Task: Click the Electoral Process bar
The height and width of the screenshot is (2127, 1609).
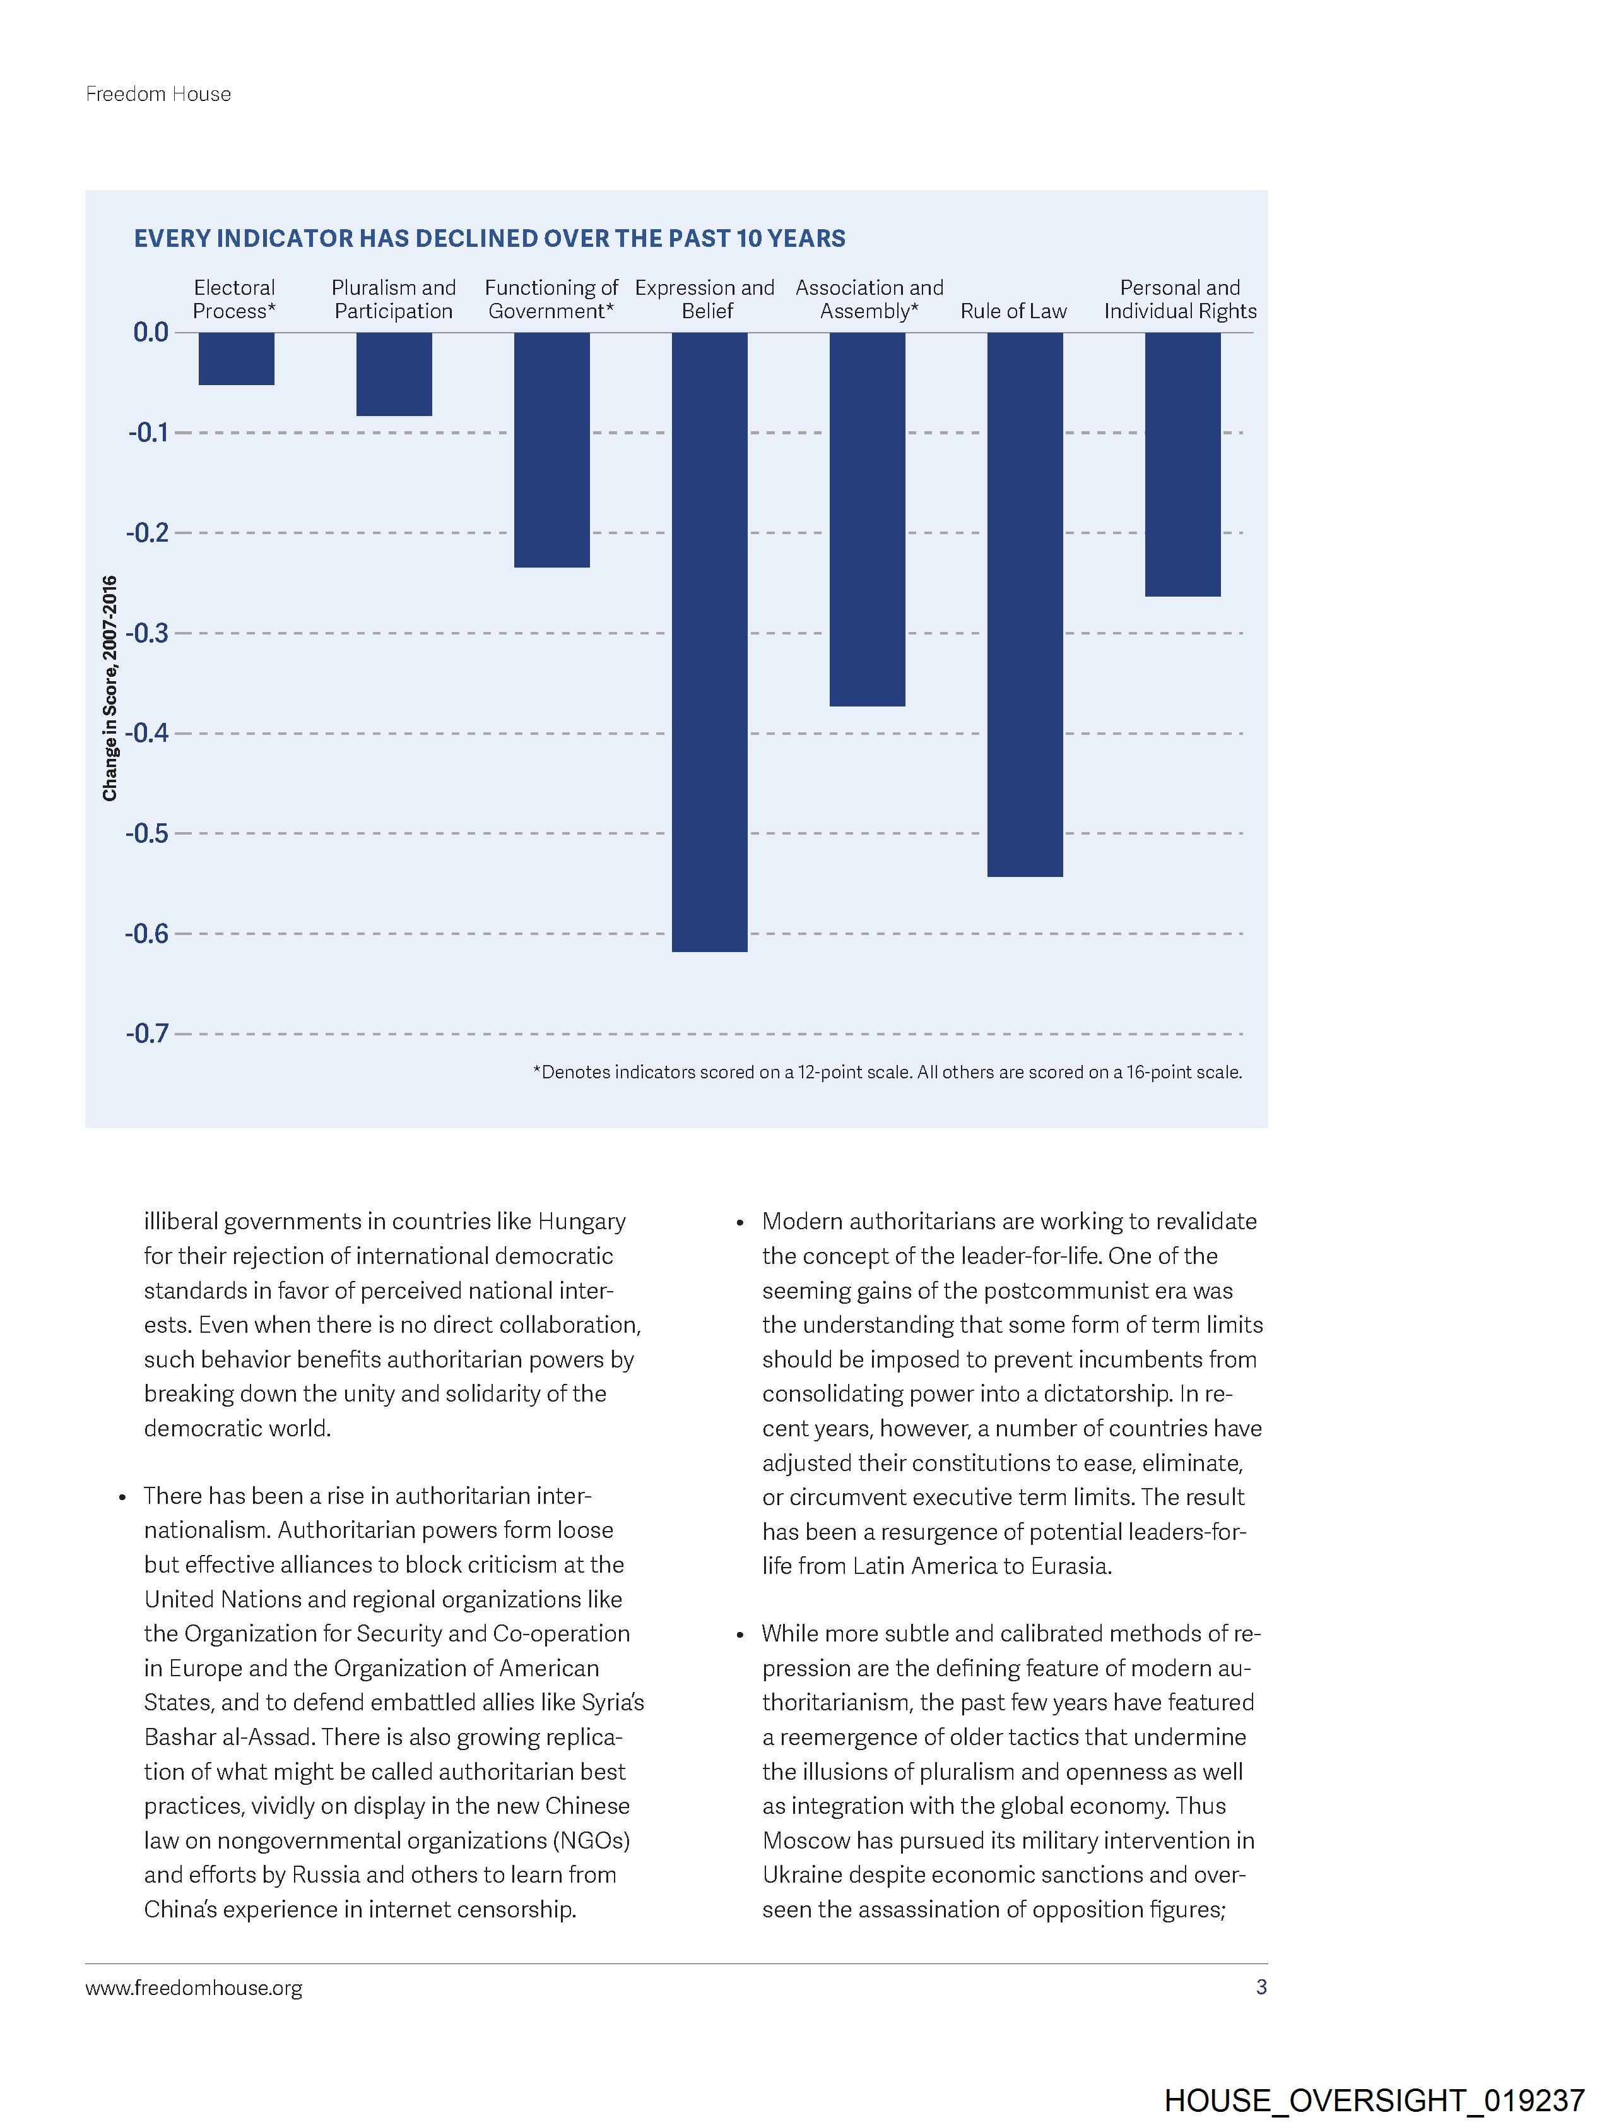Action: coord(237,359)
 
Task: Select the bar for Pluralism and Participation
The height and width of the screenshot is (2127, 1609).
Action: coord(394,374)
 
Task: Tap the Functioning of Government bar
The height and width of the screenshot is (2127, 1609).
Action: coord(551,450)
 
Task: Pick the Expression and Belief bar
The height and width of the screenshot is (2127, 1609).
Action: coord(709,641)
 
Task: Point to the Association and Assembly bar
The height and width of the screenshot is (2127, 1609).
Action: coord(867,519)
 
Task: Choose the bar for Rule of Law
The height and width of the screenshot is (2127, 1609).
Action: coord(1025,604)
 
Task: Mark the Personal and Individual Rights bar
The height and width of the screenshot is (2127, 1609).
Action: coord(1182,465)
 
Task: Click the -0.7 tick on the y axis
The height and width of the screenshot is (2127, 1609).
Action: coord(147,1034)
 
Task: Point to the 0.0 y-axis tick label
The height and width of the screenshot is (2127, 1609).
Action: coord(150,333)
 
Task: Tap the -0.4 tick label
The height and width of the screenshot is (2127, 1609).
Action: coord(147,734)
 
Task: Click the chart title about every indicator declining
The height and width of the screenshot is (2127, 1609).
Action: coord(489,239)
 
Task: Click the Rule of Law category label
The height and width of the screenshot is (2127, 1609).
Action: coord(1013,311)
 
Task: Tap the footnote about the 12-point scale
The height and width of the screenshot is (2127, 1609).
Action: coord(887,1071)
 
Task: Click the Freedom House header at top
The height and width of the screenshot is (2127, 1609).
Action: coord(158,94)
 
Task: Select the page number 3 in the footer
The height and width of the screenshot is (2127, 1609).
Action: coord(1261,1987)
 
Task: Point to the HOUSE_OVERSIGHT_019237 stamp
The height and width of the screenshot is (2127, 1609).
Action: coord(1374,2099)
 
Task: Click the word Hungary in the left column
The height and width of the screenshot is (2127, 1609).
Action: coord(582,1221)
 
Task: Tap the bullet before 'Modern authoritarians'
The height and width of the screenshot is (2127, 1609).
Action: coord(740,1223)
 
